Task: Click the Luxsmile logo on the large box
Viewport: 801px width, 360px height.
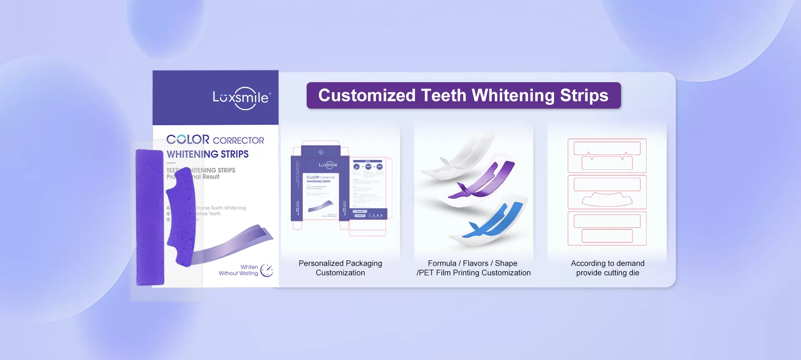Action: click(242, 98)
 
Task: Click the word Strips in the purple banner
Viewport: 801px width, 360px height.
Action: click(584, 96)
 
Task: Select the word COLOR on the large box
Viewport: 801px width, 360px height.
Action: click(188, 139)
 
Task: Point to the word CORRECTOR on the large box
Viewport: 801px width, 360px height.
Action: click(238, 141)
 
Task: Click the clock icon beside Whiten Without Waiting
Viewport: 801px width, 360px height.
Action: click(267, 270)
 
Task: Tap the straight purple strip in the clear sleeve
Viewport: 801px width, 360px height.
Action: click(149, 217)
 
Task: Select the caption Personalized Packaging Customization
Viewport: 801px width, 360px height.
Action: click(340, 268)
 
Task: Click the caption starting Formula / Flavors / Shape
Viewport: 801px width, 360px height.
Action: click(473, 268)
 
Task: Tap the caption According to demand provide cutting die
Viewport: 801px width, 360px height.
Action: click(607, 268)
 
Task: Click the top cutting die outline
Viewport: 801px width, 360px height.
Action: click(607, 156)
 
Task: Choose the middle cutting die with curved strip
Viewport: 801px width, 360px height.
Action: click(607, 192)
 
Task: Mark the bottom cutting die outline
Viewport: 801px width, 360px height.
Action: click(607, 228)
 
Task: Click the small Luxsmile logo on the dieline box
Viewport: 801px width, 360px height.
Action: click(328, 165)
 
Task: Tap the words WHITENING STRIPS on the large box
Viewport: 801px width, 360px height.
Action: click(207, 154)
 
